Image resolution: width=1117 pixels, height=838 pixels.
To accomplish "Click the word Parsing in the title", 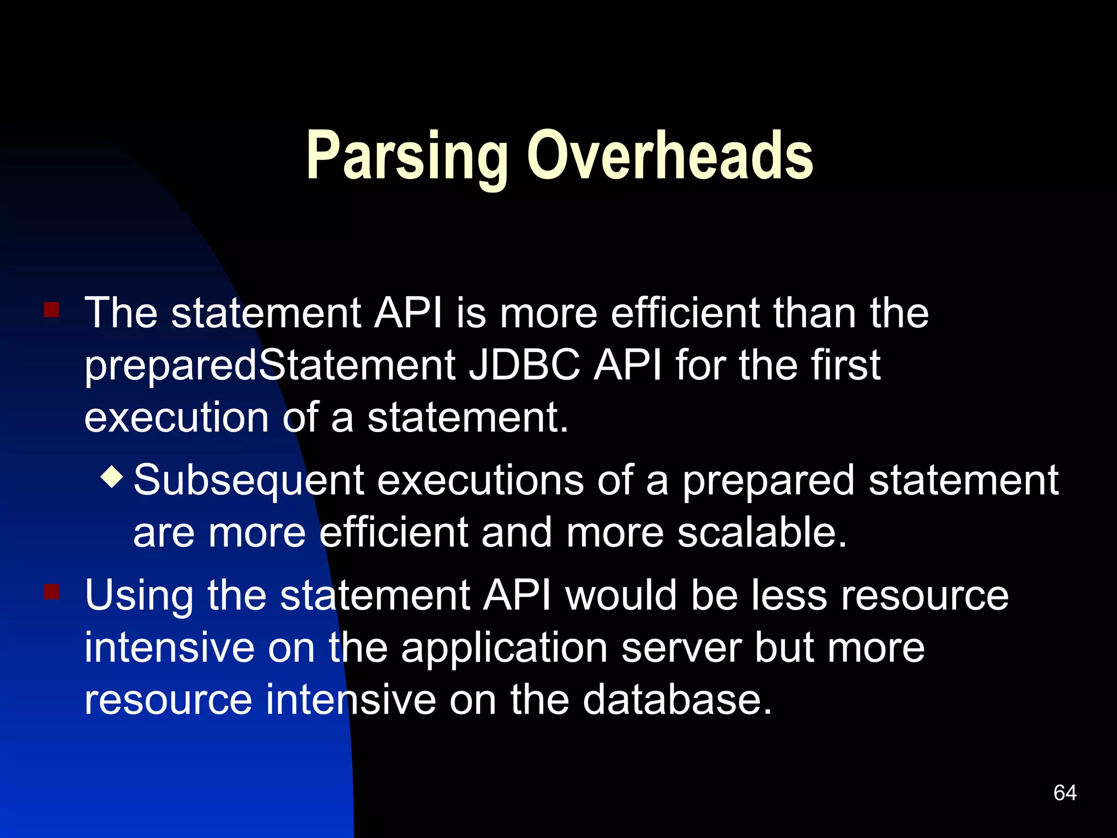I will click(x=406, y=157).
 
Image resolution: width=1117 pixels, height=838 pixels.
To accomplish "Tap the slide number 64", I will click(x=1065, y=793).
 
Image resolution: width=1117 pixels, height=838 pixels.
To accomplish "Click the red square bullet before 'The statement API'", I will click(x=51, y=310).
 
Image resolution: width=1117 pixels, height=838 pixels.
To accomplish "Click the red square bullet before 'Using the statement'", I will click(x=51, y=591).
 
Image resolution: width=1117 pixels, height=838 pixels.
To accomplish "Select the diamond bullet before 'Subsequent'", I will click(x=112, y=476).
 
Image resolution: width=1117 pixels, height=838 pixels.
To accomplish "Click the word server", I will click(x=681, y=648).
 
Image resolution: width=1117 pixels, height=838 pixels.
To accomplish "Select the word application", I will click(x=505, y=649).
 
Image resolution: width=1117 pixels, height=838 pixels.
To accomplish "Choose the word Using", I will click(x=139, y=596).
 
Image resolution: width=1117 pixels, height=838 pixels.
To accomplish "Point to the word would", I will click(x=621, y=595).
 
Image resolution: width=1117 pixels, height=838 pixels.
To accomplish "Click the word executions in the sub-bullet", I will click(x=480, y=480).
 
